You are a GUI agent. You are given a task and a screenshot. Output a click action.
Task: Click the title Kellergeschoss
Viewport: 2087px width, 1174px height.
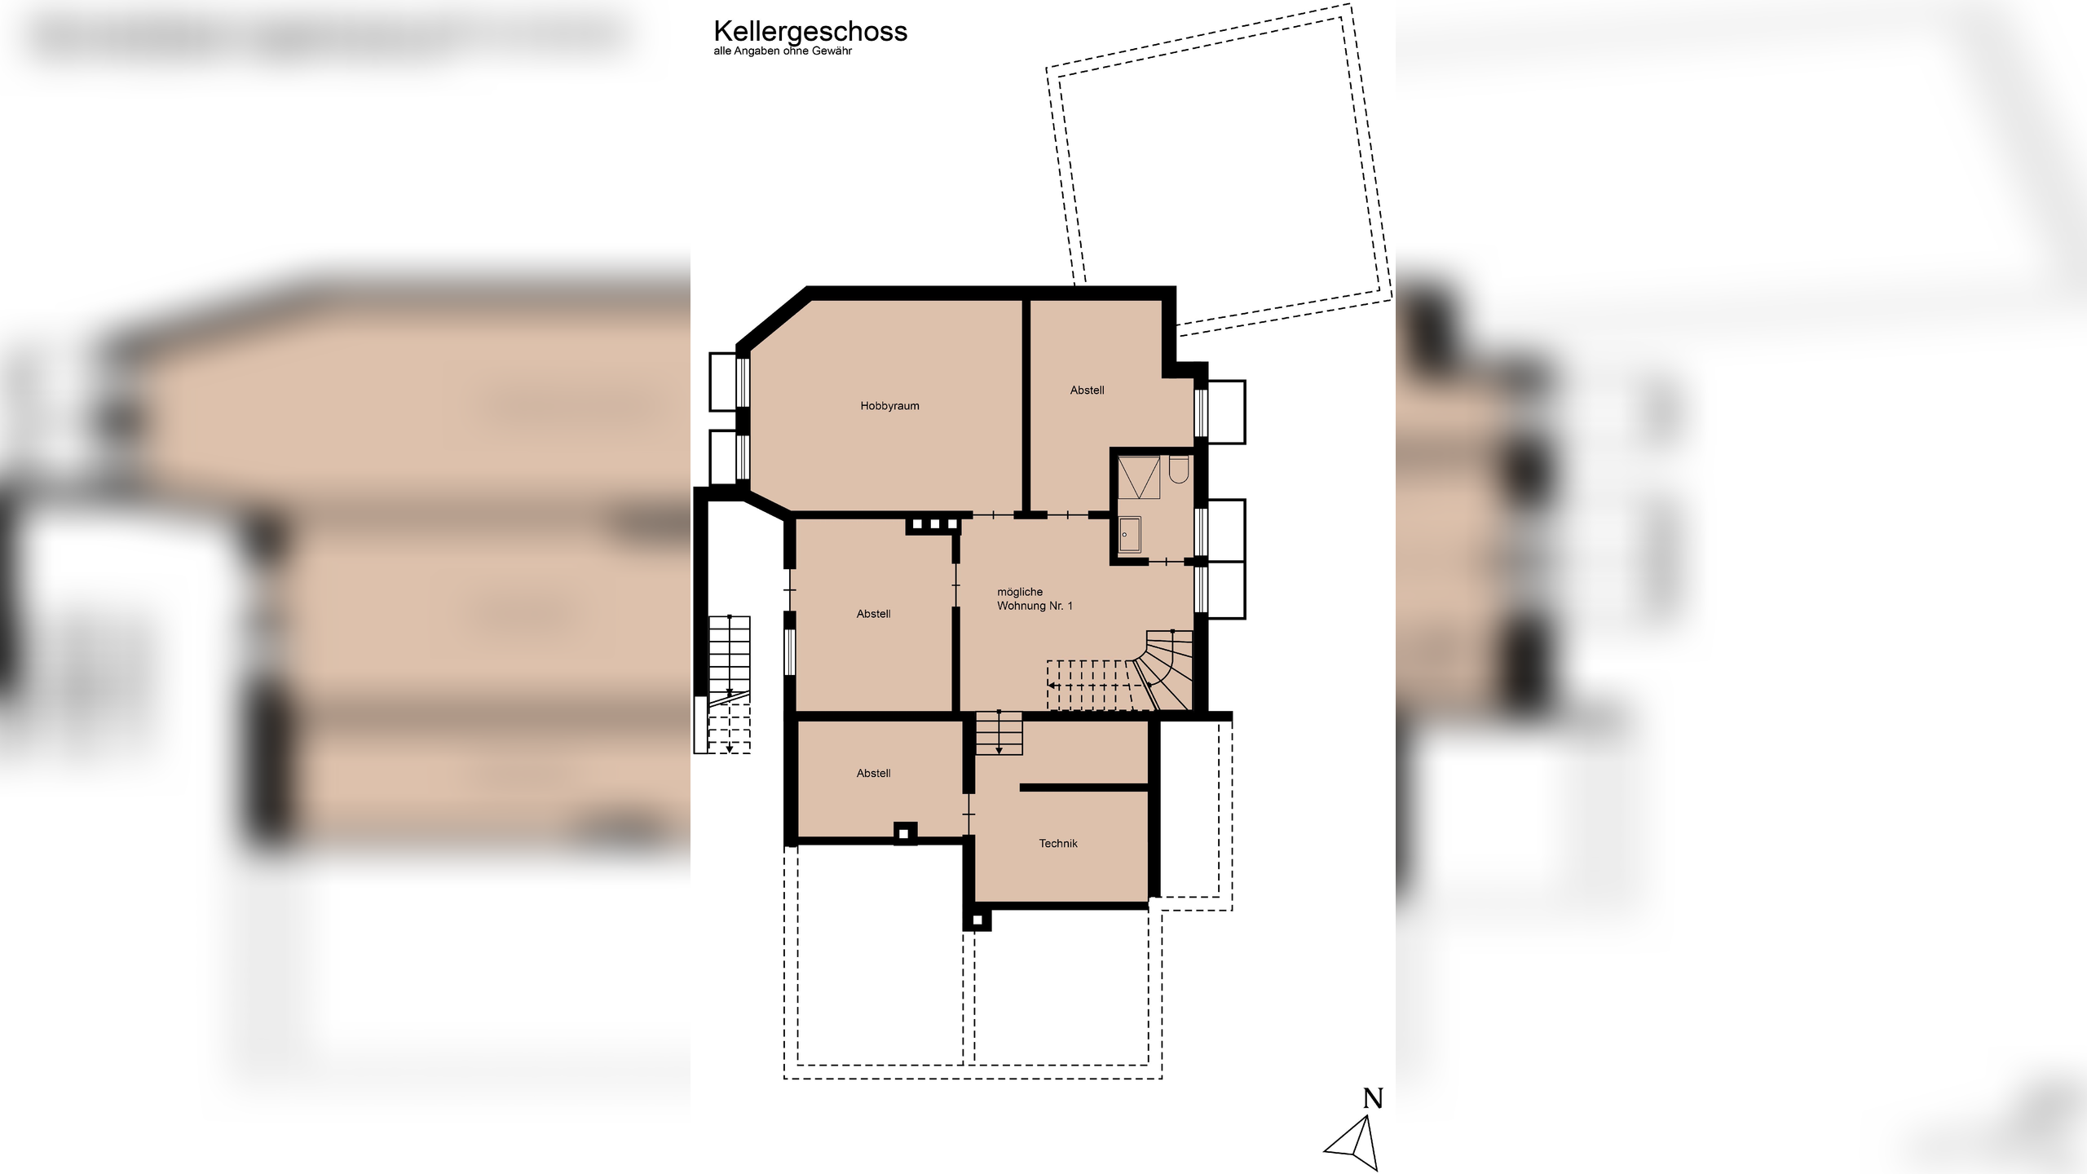tap(810, 31)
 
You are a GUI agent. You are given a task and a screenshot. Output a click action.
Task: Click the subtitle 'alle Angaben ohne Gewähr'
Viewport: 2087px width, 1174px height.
tap(783, 51)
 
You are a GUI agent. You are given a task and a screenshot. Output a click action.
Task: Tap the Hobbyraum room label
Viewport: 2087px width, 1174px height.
tap(889, 406)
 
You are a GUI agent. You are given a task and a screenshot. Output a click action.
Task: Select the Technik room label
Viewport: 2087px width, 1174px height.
tap(1058, 844)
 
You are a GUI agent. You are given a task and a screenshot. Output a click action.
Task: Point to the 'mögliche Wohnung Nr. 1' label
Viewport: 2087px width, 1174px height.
tap(1035, 599)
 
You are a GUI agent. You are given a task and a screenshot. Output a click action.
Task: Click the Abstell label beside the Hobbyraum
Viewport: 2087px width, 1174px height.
tap(1087, 391)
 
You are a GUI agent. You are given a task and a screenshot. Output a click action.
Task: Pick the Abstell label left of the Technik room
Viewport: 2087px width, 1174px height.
tap(873, 774)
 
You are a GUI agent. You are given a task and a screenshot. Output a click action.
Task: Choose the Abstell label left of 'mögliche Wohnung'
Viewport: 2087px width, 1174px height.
tap(873, 614)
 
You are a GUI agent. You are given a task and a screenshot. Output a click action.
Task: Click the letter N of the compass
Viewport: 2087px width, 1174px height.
tap(1373, 1099)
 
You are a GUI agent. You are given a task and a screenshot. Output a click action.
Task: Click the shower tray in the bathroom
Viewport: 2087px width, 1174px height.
tap(1139, 478)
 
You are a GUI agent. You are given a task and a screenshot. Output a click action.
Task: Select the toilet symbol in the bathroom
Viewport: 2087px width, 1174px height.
tap(1179, 470)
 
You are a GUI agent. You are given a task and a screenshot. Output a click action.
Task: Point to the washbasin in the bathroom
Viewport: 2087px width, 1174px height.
tap(1129, 535)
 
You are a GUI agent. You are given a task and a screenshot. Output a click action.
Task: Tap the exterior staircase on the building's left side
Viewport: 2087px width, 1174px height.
tap(729, 660)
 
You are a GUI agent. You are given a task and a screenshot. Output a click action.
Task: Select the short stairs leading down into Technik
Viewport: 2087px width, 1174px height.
tap(999, 733)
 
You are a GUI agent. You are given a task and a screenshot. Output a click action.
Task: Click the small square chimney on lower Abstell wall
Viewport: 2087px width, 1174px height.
tap(905, 833)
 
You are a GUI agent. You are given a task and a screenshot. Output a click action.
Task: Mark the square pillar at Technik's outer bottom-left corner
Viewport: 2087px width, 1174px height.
tap(977, 920)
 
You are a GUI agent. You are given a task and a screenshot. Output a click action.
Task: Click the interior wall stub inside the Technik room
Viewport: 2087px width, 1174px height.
tap(1083, 788)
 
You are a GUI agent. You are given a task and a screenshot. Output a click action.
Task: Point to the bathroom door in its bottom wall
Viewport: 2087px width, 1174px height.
tap(1167, 562)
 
